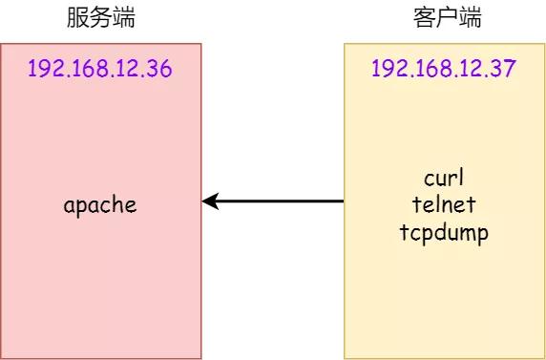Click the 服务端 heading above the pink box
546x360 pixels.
pos(100,17)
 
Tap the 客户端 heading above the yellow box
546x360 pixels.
pos(444,17)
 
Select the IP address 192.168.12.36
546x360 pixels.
pos(100,69)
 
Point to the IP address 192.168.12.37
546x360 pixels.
pos(444,69)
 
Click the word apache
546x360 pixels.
pos(100,204)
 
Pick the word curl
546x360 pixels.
pos(444,179)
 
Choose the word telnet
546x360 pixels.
pos(444,204)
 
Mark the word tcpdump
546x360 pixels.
pos(444,231)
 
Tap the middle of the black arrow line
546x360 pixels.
pos(275,201)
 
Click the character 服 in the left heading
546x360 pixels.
pos(77,17)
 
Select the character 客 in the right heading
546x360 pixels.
pos(421,17)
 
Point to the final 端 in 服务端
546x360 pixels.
pos(123,17)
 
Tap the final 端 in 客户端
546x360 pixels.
pos(468,17)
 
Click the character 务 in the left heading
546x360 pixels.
pos(100,17)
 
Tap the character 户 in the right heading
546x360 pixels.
pos(444,17)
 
